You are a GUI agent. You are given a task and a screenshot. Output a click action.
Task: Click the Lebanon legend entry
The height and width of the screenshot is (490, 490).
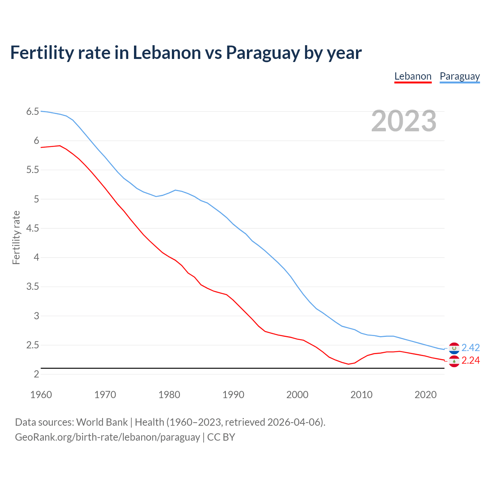[x=413, y=76]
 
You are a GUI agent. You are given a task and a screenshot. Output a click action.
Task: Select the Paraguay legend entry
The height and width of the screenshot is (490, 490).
[x=459, y=76]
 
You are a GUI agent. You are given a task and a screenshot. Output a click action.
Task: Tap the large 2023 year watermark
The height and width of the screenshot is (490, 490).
[x=403, y=121]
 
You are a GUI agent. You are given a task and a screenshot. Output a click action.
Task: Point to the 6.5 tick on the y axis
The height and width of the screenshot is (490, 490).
[x=33, y=112]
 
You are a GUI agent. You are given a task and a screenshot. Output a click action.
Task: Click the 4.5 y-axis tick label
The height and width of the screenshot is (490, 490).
[x=33, y=229]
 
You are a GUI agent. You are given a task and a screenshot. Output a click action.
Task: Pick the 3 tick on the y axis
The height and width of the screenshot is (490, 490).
[x=36, y=316]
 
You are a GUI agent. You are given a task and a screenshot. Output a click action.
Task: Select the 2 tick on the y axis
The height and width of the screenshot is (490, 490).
[x=36, y=374]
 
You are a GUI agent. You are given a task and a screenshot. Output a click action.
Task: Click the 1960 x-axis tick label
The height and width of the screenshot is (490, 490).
[x=41, y=395]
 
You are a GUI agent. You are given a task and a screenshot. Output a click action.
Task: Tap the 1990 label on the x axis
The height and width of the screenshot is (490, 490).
[x=233, y=395]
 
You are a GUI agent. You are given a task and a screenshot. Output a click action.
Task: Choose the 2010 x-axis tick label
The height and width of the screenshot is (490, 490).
[x=361, y=395]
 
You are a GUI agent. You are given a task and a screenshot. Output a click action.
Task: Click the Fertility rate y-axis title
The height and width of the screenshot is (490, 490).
[x=16, y=237]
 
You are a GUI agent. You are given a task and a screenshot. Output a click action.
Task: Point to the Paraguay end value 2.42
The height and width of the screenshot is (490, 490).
[x=470, y=348]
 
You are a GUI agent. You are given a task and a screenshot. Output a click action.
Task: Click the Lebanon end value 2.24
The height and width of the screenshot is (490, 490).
[x=470, y=361]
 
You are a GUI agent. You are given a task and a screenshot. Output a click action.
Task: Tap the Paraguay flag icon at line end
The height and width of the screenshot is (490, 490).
[x=454, y=348]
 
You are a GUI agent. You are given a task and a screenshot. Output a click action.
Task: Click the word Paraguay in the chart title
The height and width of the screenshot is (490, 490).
[x=263, y=52]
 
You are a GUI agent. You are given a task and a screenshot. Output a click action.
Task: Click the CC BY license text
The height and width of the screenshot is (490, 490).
[x=221, y=437]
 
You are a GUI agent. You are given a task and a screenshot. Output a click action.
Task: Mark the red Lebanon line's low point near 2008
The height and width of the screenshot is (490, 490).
[x=348, y=364]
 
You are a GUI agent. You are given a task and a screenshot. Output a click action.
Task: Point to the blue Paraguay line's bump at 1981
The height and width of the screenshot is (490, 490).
[x=175, y=190]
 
